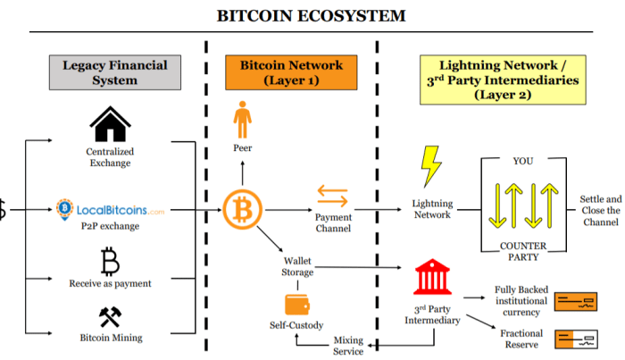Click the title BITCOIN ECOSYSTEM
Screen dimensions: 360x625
tap(312, 15)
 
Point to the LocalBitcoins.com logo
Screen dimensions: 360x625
tap(110, 210)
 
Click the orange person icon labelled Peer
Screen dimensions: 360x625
tap(242, 120)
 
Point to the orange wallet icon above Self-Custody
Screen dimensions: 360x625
tap(296, 305)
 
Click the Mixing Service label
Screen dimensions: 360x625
tap(348, 346)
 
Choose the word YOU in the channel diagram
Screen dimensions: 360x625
tap(521, 163)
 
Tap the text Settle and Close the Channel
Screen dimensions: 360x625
tap(600, 211)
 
